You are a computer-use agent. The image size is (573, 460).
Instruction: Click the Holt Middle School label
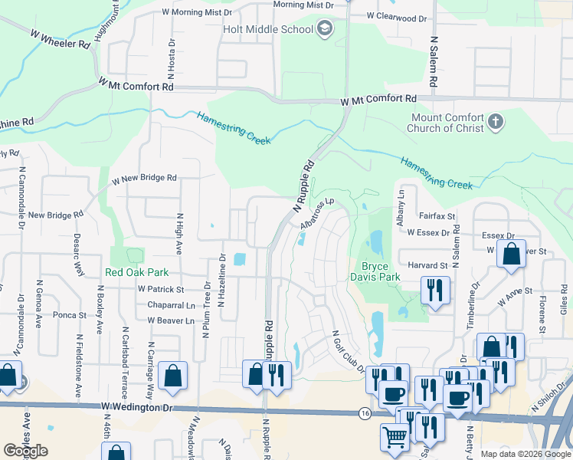[x=268, y=29]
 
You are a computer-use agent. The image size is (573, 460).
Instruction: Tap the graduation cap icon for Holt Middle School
[x=325, y=29]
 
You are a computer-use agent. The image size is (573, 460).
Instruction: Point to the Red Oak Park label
[x=136, y=272]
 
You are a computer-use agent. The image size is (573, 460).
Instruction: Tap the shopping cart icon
[x=395, y=438]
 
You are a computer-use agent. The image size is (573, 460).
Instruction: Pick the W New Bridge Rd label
[x=144, y=178]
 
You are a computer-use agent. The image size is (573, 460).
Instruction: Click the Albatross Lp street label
[x=319, y=214]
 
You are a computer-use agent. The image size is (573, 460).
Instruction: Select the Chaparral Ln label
[x=166, y=305]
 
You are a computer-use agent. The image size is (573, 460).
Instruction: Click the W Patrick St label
[x=161, y=290]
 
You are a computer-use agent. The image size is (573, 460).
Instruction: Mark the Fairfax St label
[x=437, y=217]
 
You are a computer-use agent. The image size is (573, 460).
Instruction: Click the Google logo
[x=25, y=450]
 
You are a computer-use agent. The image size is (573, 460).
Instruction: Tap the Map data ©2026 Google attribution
[x=525, y=454]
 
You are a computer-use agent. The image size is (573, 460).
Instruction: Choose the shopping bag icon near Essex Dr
[x=510, y=254]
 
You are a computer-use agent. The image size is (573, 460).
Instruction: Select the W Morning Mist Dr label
[x=197, y=12]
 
